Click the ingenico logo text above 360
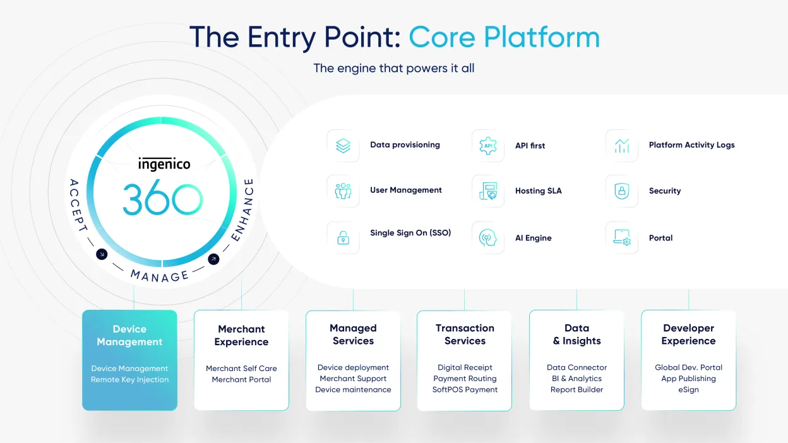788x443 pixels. tap(164, 164)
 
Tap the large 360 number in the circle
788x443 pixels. tap(163, 199)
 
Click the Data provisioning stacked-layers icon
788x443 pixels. tap(343, 146)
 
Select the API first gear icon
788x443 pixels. tap(488, 146)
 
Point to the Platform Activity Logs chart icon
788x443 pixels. tap(622, 146)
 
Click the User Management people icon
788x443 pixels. tap(343, 191)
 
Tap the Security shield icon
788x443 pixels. tap(622, 191)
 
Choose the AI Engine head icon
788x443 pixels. tap(488, 237)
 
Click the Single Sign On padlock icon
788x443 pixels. tap(343, 237)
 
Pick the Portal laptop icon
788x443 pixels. tap(622, 237)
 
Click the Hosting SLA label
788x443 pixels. tap(538, 191)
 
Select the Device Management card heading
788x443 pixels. tap(129, 335)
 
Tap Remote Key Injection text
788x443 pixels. tap(129, 380)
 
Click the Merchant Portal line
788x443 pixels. tap(241, 380)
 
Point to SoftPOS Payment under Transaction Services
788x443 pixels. tap(465, 390)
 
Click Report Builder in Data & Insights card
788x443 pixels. tap(576, 390)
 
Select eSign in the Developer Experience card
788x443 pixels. tap(688, 390)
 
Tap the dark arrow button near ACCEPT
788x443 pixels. tap(102, 254)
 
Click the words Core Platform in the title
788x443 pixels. tap(504, 37)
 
